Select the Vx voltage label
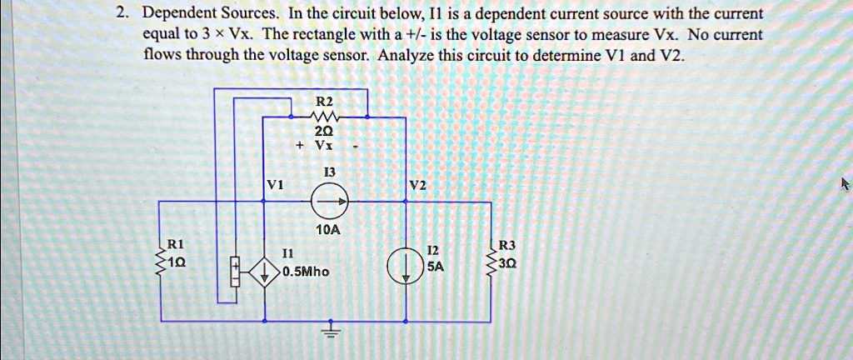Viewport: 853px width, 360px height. pyautogui.click(x=324, y=143)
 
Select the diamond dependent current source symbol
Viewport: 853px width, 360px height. pyautogui.click(x=265, y=272)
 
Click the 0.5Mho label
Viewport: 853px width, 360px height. pyautogui.click(x=306, y=272)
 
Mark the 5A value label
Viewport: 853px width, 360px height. pyautogui.click(x=436, y=267)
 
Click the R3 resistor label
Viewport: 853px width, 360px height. pyautogui.click(x=507, y=245)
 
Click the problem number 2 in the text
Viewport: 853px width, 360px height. pyautogui.click(x=122, y=14)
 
